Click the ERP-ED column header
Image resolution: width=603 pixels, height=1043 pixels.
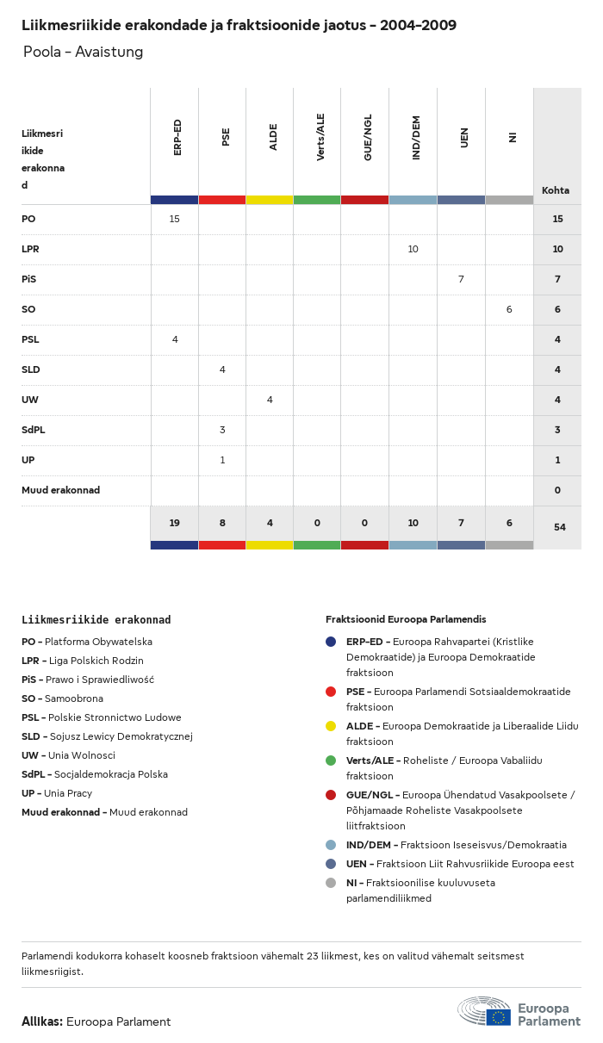point(177,138)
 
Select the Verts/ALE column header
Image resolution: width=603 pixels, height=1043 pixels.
point(320,137)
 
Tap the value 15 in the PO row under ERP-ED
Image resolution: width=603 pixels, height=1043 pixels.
point(175,220)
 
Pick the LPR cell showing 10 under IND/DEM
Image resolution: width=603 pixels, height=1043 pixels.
point(413,250)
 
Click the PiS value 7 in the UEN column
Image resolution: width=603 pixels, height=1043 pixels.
point(461,280)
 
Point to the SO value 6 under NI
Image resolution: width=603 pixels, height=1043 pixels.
point(509,310)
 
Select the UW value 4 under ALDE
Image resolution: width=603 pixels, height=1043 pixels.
point(270,400)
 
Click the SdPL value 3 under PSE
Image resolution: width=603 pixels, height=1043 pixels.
point(222,431)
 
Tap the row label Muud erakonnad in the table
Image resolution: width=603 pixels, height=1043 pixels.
point(60,491)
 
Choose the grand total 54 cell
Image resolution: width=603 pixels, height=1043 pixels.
point(559,527)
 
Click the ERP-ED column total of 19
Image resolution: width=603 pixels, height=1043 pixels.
point(174,523)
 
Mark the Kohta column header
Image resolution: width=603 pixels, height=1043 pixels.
point(556,191)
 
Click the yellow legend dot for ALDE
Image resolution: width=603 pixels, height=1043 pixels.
point(331,726)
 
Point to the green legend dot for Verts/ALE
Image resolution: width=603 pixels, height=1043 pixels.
point(331,761)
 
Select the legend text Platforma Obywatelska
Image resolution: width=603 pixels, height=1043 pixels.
point(98,642)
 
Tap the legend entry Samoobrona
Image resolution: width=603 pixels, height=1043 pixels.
point(74,698)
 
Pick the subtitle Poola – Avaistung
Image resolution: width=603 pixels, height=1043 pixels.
point(83,53)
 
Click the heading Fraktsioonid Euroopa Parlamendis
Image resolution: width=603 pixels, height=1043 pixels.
point(406,619)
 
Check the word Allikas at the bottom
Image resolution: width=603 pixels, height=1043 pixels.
point(42,1022)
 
